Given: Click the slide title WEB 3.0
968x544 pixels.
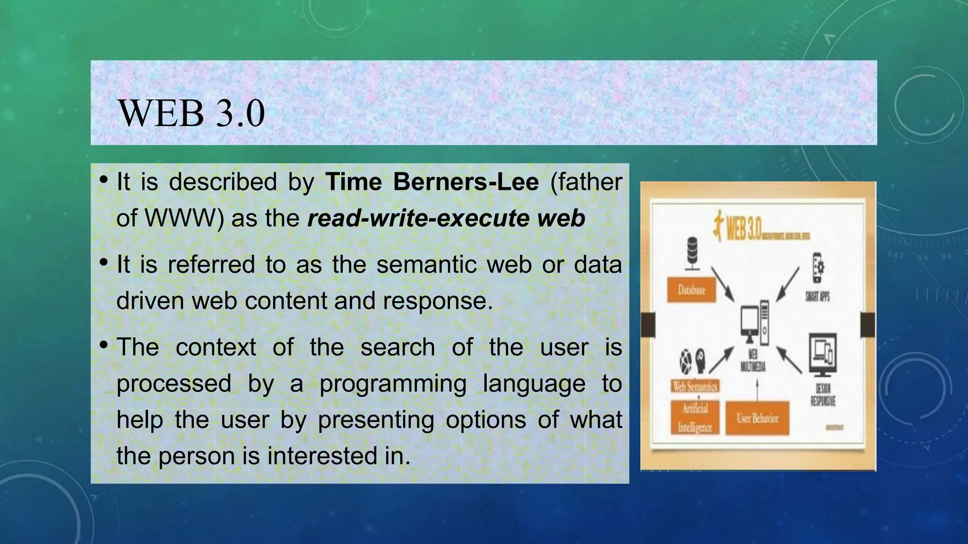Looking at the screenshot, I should click(x=191, y=113).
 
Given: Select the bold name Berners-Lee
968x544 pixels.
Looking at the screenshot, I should click(x=466, y=182).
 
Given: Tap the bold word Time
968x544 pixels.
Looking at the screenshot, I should click(x=354, y=182).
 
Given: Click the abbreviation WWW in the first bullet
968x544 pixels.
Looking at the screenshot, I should click(x=180, y=218).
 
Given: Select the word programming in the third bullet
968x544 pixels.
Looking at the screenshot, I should click(x=393, y=383).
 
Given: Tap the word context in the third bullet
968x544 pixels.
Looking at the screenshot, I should click(x=216, y=348).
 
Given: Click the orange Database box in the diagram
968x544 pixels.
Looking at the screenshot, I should click(x=691, y=289).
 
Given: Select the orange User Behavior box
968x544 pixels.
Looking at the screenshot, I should click(x=757, y=418).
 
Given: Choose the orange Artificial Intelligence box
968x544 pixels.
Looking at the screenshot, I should click(x=695, y=418).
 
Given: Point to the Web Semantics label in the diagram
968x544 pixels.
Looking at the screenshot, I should click(x=695, y=386).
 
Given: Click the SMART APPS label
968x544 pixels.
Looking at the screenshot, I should click(x=818, y=297).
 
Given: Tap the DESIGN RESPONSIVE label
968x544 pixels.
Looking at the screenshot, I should click(x=823, y=395).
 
